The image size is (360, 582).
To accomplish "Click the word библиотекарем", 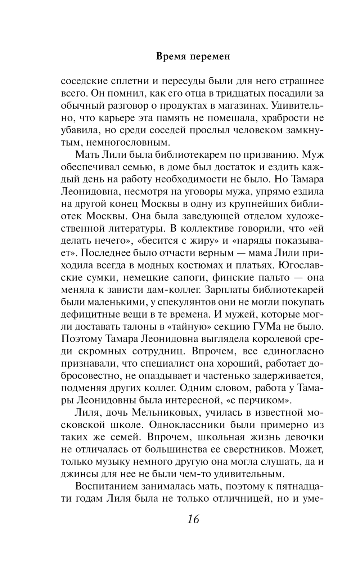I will pyautogui.click(x=196, y=155).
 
